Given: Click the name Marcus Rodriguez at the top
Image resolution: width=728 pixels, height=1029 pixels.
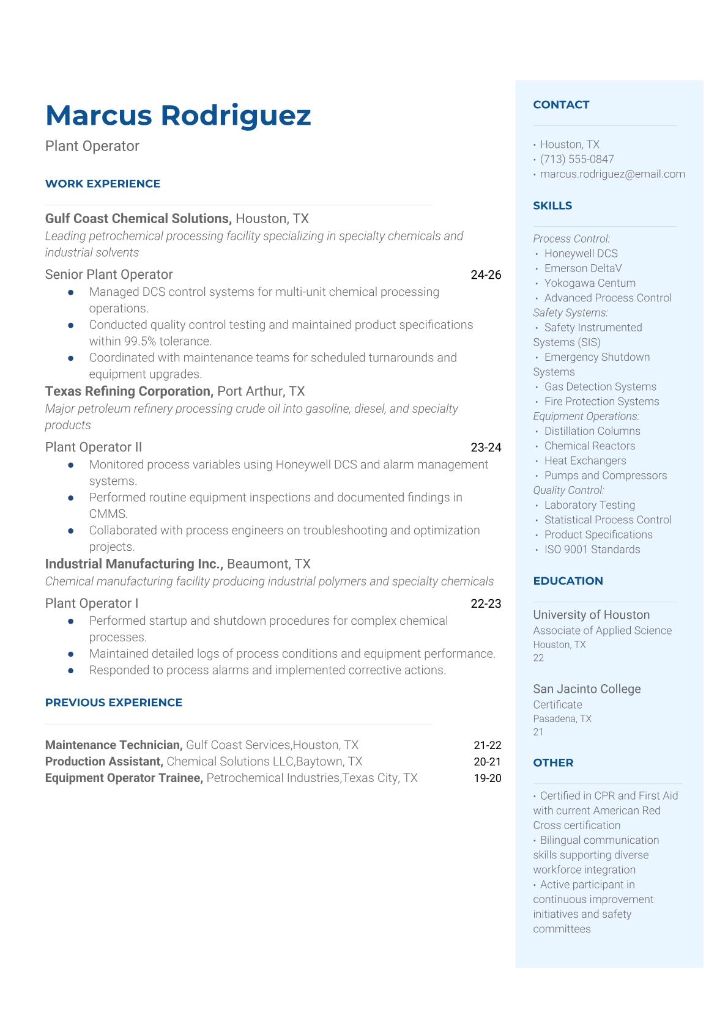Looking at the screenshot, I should coord(178,116).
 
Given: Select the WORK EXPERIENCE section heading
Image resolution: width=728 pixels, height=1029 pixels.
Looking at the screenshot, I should coord(103,183).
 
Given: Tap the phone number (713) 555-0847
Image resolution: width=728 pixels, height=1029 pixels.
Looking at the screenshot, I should coord(577,159).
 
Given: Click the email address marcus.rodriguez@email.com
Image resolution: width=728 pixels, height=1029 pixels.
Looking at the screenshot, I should coord(612,174).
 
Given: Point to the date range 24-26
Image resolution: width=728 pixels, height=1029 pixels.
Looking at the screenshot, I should coord(486,275).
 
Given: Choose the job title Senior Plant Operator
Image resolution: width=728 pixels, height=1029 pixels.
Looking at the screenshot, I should coord(109,275).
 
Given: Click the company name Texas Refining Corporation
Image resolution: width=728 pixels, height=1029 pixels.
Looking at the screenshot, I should coord(128,391).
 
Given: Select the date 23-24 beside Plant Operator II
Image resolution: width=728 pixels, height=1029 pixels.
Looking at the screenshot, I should coord(486,448).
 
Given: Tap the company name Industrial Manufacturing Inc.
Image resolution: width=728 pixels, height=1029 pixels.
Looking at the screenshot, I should coord(133,564).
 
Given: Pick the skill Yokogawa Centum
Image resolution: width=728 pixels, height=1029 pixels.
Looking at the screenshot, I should coord(590,283).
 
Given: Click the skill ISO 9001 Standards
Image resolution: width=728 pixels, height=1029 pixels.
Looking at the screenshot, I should coord(592,549).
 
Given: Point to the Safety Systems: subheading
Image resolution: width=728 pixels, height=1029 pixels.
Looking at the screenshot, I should coord(570,312).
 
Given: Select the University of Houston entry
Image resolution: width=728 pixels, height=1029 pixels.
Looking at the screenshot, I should coord(591,615).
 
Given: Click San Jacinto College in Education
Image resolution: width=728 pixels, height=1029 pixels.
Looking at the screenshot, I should coord(587,689).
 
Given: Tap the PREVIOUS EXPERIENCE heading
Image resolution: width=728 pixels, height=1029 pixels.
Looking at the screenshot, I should coord(114,703).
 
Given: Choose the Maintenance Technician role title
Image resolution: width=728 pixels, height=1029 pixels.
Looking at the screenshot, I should coord(114,745).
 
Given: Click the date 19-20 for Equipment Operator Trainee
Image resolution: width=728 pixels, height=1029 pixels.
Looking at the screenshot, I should coord(488,778).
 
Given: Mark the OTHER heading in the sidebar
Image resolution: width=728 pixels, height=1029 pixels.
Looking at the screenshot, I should coord(553,762).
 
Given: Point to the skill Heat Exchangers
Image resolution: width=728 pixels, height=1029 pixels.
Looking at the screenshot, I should coord(585,460).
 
